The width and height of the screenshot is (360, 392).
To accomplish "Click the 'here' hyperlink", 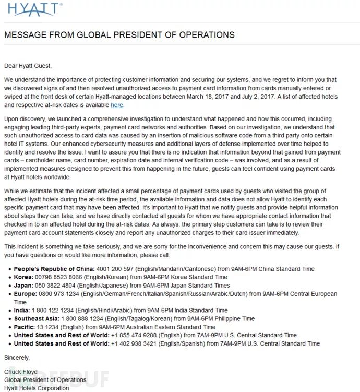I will click(x=117, y=105).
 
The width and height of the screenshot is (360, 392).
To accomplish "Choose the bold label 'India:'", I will click(x=22, y=310).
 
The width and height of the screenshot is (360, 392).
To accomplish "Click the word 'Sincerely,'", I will click(x=17, y=358).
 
